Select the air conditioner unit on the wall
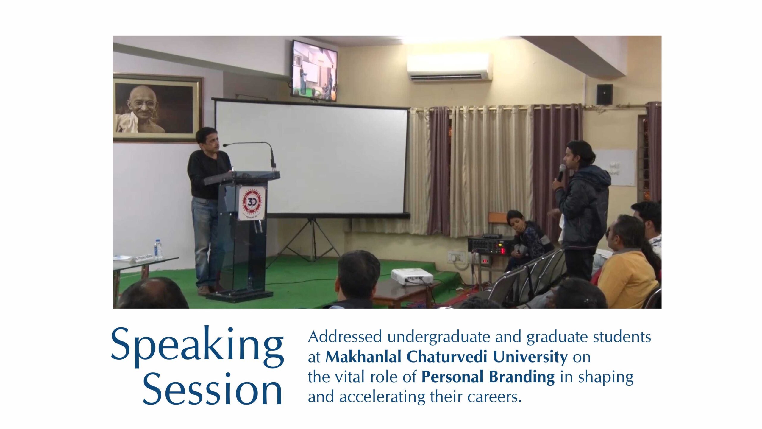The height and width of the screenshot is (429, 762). (449, 67)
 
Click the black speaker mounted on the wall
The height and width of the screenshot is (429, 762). (605, 94)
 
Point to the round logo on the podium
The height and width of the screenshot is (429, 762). (252, 203)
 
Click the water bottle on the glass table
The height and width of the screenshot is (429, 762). (158, 249)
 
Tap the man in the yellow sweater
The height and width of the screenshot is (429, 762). (628, 262)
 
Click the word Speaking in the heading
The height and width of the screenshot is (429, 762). (197, 347)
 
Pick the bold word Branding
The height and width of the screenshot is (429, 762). (522, 377)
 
